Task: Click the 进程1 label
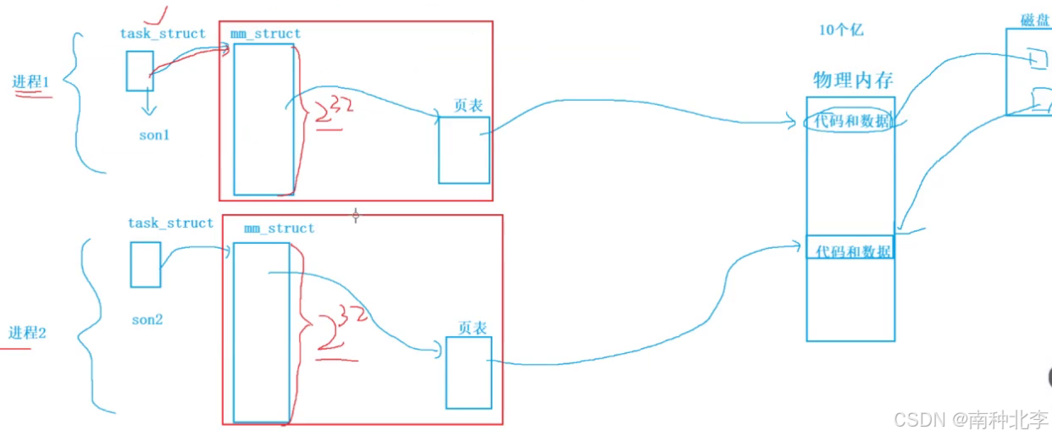tap(30, 82)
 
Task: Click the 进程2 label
tap(27, 333)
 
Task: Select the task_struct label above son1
tap(163, 34)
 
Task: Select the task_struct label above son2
tap(170, 224)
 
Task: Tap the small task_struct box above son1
tap(140, 71)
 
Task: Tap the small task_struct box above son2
tap(145, 264)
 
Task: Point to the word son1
tap(155, 135)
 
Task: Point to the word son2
tap(147, 320)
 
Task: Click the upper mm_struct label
tap(265, 34)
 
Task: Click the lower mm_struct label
tap(279, 229)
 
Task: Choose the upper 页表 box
tap(463, 150)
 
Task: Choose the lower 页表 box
tap(468, 372)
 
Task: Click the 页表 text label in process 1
tap(468, 107)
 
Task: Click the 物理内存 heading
tap(853, 80)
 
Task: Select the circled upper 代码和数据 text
tap(851, 121)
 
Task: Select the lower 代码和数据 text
tap(852, 251)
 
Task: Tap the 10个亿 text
tap(840, 30)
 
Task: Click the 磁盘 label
tap(1035, 19)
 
